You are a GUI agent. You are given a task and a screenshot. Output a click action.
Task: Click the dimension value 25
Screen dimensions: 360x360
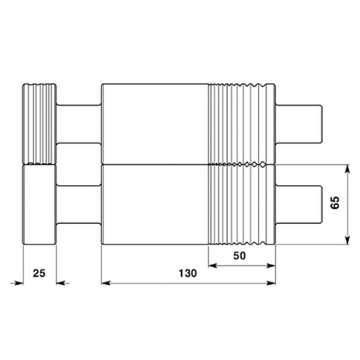tap(39, 273)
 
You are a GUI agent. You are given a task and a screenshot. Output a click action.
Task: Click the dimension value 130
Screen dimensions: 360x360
tap(188, 274)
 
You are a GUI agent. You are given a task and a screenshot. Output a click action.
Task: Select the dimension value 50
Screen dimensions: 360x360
tap(240, 255)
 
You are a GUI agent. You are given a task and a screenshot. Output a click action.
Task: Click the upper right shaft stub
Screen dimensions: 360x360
tap(299, 124)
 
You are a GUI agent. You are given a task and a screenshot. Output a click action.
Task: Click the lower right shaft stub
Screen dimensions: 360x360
tap(299, 204)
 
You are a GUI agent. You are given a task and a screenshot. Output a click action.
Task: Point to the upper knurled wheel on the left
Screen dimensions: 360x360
tap(39, 123)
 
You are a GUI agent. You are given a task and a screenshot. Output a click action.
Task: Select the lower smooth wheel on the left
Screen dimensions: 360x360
tap(39, 205)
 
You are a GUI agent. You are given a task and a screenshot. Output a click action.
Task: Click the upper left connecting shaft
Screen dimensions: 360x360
tap(79, 124)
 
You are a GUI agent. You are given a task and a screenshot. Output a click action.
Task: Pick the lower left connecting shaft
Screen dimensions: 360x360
tap(79, 204)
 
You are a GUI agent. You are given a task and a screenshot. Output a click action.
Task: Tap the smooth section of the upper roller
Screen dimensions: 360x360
tap(154, 124)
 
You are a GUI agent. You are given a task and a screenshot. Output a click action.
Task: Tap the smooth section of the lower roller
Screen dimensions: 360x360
tap(154, 204)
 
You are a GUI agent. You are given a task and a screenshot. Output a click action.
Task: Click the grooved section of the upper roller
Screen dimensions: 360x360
tap(241, 124)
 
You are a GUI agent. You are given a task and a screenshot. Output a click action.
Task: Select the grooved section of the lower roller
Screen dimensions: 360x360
tap(241, 204)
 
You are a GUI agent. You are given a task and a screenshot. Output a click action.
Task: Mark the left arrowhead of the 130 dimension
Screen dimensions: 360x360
tap(105, 282)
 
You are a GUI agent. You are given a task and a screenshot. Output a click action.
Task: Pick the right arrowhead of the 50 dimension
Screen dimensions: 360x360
tap(272, 265)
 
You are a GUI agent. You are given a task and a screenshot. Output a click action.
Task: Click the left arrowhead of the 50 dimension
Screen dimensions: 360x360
tap(211, 265)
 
